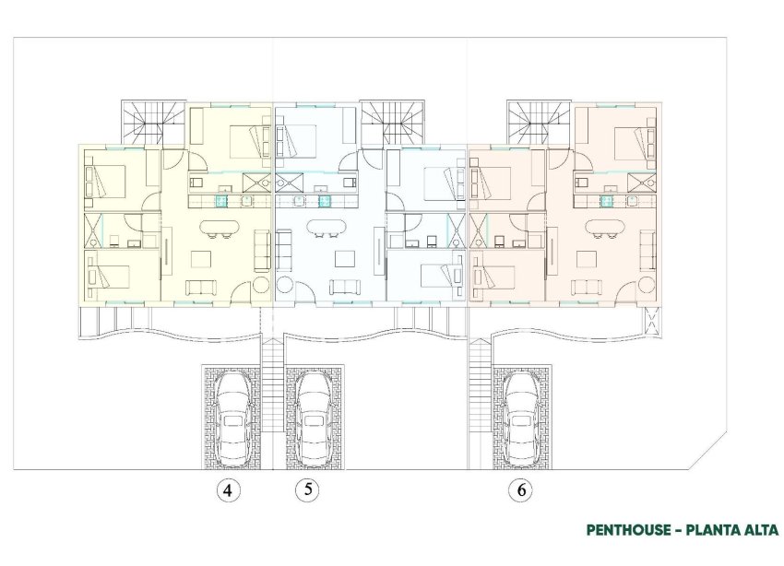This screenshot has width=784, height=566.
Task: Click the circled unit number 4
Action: (227, 491)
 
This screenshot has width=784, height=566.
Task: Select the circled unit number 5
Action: (311, 491)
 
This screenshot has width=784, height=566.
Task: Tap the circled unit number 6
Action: (522, 491)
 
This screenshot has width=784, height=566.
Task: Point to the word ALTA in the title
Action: (760, 529)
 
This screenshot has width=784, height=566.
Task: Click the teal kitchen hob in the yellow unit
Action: (221, 196)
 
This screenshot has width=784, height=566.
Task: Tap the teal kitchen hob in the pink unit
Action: (608, 196)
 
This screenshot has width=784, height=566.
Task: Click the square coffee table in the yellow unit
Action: (201, 258)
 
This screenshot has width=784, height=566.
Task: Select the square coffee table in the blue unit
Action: (345, 257)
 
